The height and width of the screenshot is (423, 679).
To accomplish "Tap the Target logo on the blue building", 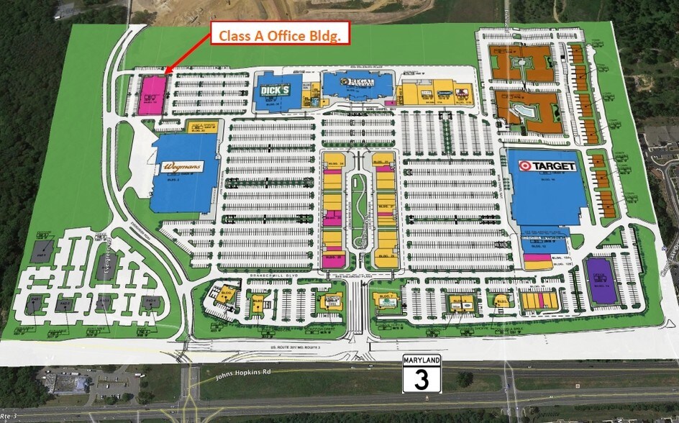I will click(x=548, y=166).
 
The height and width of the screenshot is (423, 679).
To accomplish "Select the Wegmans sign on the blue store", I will click(x=182, y=166).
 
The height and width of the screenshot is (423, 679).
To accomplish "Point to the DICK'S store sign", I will click(x=275, y=91).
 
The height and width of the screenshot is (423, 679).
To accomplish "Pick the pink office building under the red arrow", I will click(x=152, y=95).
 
